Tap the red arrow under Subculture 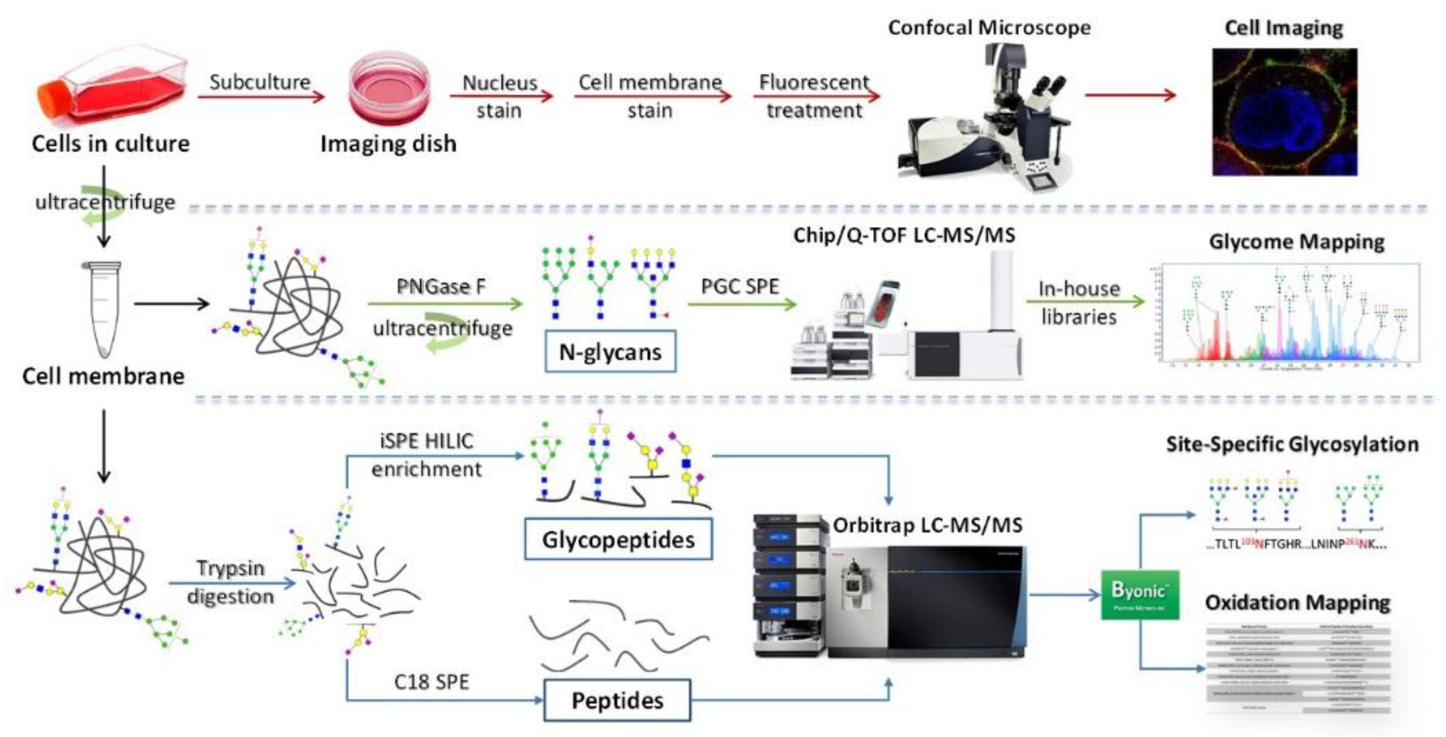tap(261, 97)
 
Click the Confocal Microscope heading tap(989, 27)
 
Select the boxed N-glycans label tap(610, 352)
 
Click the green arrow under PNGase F tap(445, 304)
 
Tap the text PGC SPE tap(739, 287)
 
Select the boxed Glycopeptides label tap(618, 539)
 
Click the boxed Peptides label tap(617, 701)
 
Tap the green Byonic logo tap(1139, 595)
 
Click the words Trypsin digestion tap(230, 582)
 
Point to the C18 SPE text tap(431, 682)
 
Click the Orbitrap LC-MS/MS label tap(927, 526)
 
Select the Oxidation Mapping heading tap(1297, 603)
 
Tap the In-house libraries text tap(1078, 303)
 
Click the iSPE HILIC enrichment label tap(427, 455)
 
